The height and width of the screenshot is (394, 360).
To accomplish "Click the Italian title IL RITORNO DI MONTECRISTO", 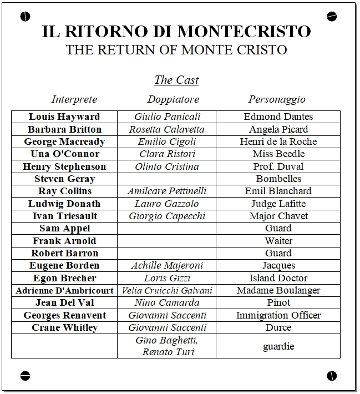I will click(x=176, y=31).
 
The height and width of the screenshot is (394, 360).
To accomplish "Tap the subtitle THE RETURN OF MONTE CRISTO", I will click(x=176, y=50).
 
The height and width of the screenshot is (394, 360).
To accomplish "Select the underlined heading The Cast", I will click(x=176, y=80).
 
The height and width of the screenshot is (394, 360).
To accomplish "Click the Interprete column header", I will click(x=74, y=99).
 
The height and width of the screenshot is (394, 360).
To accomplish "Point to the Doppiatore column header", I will click(x=173, y=99).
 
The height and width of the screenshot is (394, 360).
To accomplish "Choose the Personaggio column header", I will click(x=277, y=99).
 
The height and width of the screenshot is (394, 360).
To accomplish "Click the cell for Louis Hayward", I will click(x=64, y=117).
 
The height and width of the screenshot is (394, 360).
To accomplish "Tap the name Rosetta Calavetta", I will click(x=167, y=129).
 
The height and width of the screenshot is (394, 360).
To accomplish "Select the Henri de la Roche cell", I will click(x=278, y=142).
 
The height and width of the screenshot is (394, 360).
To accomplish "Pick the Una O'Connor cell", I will click(x=64, y=154).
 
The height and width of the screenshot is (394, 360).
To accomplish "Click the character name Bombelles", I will click(x=278, y=179).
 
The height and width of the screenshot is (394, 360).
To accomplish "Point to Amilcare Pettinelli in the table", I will click(x=167, y=191).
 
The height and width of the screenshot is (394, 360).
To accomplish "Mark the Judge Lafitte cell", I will click(x=278, y=204).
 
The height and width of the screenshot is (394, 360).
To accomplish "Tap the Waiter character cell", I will click(x=278, y=241).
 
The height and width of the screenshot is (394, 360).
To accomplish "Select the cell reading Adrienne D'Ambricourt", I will click(x=64, y=290).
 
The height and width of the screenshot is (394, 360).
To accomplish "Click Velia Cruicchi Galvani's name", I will click(x=167, y=290).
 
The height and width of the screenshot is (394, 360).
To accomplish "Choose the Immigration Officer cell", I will click(x=278, y=315).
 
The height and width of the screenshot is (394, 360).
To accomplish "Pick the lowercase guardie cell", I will click(x=278, y=346).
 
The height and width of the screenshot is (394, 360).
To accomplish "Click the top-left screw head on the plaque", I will click(x=25, y=17).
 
